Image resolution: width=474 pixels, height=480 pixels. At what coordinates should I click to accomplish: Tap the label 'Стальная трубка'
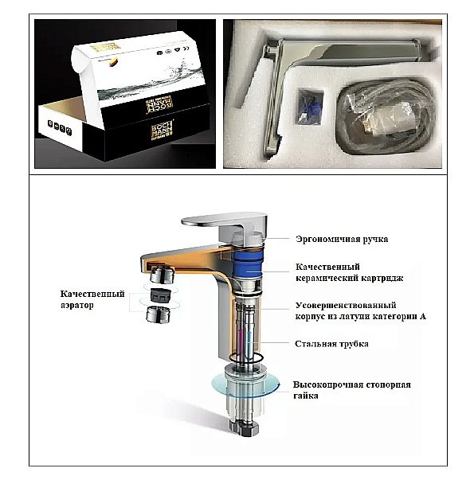point(331,344)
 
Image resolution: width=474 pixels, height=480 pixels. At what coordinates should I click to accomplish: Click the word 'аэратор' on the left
point(76,305)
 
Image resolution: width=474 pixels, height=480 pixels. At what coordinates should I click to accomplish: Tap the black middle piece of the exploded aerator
point(163,295)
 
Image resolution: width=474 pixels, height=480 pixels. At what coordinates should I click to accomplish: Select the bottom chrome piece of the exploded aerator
point(162,314)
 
